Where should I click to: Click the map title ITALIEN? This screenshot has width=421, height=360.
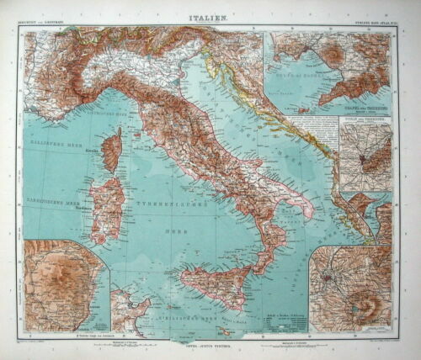point(210,17)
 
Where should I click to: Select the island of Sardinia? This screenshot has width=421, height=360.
point(107,209)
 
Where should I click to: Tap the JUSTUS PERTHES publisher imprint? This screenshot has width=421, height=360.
point(210,344)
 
